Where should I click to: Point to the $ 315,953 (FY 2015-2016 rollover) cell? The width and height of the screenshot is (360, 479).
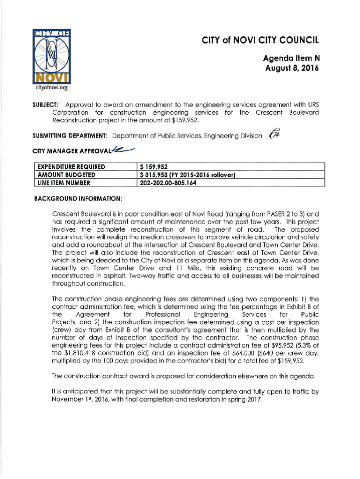(x=186, y=175)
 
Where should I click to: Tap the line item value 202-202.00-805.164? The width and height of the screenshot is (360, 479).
(x=172, y=183)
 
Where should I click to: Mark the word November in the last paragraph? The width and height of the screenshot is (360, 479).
(x=68, y=400)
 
